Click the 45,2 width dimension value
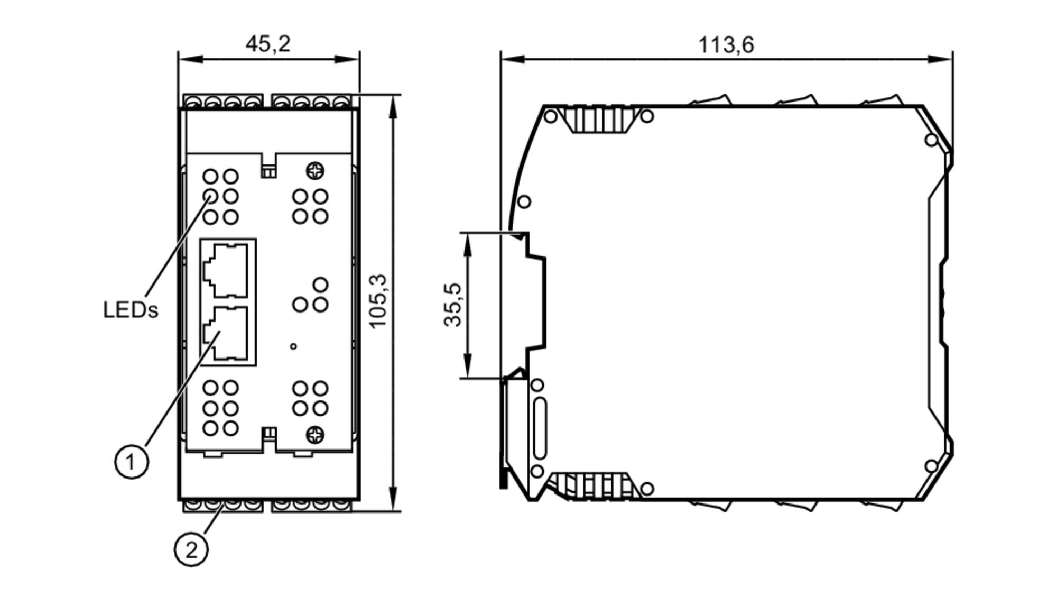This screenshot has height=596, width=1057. [268, 44]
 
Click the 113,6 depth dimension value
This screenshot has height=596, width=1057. [726, 45]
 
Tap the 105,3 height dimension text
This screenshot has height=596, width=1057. [378, 301]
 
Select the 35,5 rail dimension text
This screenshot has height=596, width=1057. [453, 305]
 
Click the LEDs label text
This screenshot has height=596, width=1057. [130, 310]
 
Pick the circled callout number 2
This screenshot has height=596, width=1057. [191, 550]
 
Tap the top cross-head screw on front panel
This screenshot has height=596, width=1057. [315, 171]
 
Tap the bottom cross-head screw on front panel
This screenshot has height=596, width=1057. [315, 435]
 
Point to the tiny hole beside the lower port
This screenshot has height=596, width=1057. [293, 346]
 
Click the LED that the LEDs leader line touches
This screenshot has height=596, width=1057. [210, 196]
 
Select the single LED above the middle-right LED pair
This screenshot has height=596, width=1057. [320, 285]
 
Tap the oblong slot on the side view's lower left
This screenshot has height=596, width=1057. [540, 428]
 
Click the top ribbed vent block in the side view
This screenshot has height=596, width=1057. [598, 120]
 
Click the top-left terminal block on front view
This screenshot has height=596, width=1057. [222, 101]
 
